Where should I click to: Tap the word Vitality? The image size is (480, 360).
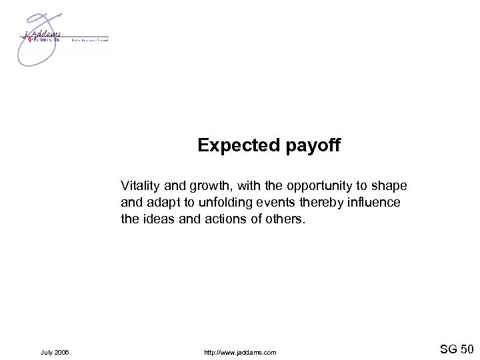point(139,184)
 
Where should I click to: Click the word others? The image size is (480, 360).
point(284,219)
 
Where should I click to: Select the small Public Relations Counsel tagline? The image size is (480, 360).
point(89,40)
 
